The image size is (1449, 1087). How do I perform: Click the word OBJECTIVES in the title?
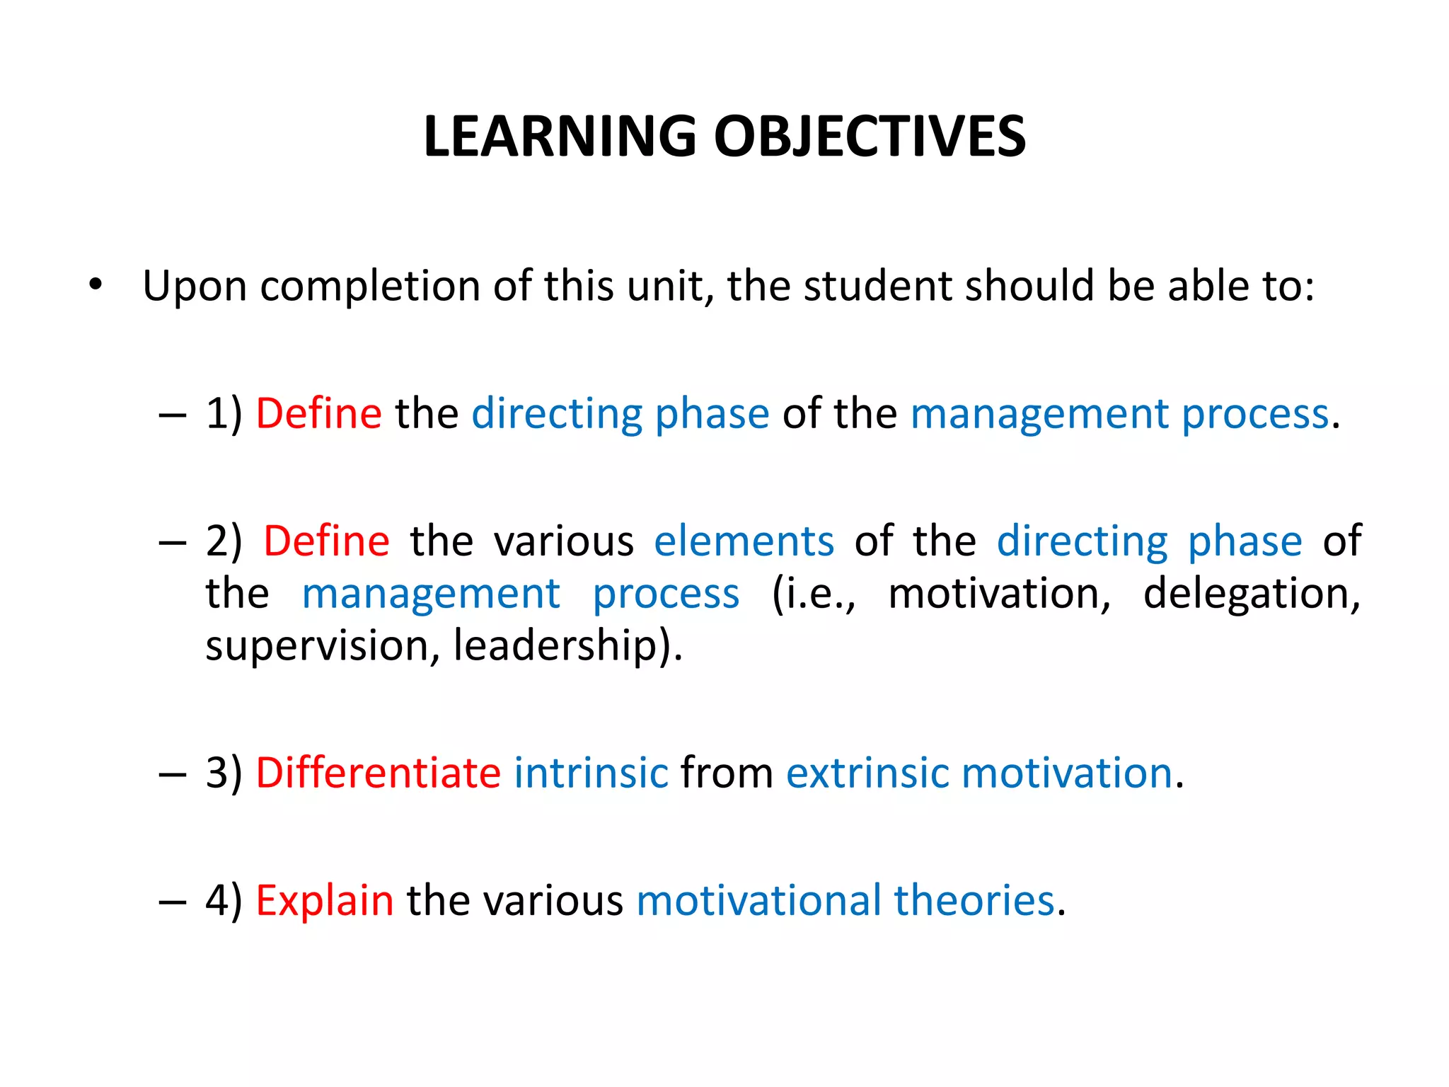click(x=870, y=136)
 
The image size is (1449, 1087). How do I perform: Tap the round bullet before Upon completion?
click(x=96, y=285)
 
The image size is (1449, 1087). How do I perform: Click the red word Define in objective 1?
click(x=318, y=413)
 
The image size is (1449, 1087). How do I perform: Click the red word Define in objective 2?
click(x=326, y=541)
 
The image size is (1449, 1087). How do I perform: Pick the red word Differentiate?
click(x=379, y=772)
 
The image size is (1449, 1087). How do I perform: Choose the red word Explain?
click(x=324, y=900)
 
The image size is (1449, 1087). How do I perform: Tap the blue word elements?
click(x=744, y=541)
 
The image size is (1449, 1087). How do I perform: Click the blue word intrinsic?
click(x=591, y=772)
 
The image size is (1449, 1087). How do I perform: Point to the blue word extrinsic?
click(x=867, y=772)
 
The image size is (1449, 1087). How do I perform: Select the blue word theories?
click(x=974, y=900)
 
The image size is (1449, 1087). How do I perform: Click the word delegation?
click(x=1252, y=593)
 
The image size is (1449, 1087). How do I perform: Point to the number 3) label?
click(x=224, y=772)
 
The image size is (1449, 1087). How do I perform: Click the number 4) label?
click(x=224, y=900)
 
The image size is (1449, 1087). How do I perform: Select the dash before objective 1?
click(x=173, y=415)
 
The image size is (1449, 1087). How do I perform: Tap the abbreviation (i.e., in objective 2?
click(x=813, y=593)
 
